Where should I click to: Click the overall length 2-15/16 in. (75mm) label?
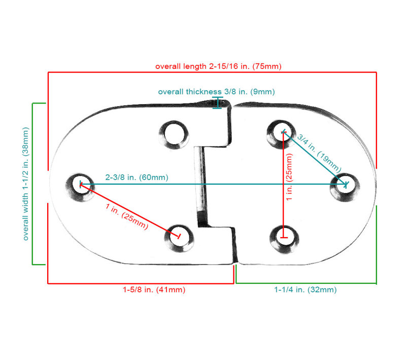(x=218, y=67)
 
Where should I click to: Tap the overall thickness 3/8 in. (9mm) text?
(x=217, y=92)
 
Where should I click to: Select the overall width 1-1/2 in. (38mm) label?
(x=26, y=184)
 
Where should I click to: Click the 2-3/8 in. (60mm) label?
(x=137, y=177)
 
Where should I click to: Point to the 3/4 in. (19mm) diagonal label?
(x=319, y=153)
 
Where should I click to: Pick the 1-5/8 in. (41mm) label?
(x=154, y=289)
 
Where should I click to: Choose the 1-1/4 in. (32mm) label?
(x=306, y=289)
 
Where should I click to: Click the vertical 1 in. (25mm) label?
(x=289, y=177)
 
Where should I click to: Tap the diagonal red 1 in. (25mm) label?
(x=127, y=216)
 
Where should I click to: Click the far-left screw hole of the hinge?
(x=80, y=187)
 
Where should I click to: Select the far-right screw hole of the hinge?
(x=345, y=187)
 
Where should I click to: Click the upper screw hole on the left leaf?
(x=174, y=135)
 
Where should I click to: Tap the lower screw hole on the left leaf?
(x=179, y=238)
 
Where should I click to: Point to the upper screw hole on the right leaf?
(x=282, y=134)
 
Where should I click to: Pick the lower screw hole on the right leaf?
(x=284, y=240)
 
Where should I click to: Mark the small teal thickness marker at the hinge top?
(x=218, y=103)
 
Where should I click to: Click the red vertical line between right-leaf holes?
(x=284, y=185)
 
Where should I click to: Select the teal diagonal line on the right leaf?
(x=315, y=158)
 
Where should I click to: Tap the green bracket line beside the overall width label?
(x=32, y=184)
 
